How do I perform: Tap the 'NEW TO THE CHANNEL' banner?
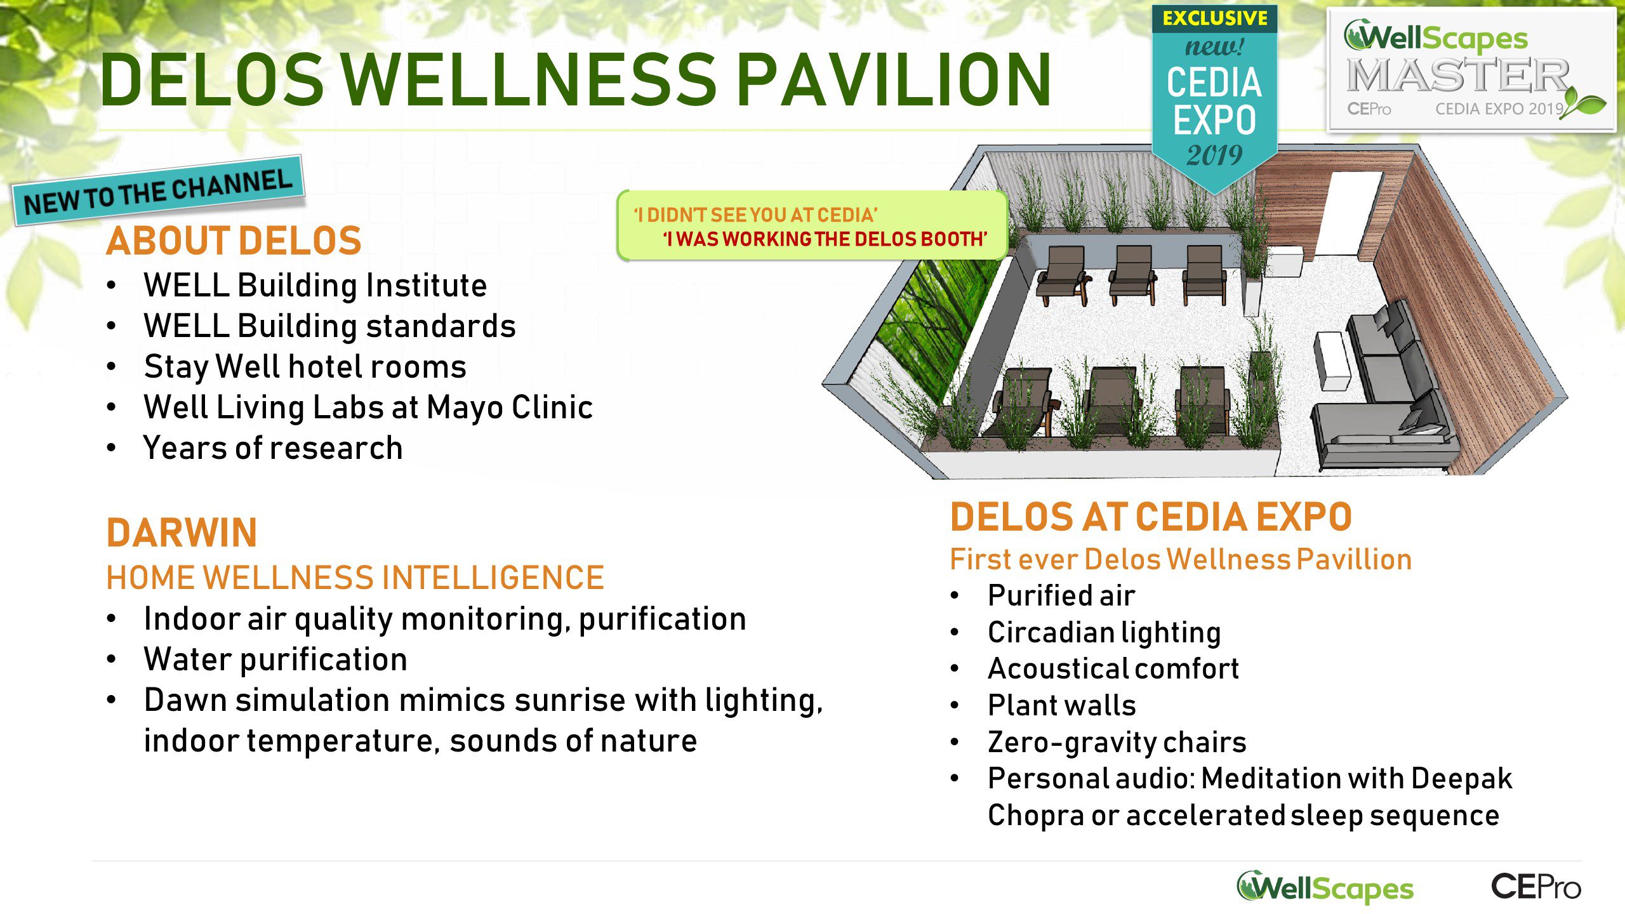pos(159,191)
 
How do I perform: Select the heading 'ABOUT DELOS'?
pos(234,241)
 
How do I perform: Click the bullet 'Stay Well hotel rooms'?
pos(305,367)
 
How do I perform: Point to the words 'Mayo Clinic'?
pos(510,407)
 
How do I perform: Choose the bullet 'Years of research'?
pos(273,448)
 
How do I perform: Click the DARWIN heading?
pos(182,533)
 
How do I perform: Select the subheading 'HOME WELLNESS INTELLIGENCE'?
pos(355,578)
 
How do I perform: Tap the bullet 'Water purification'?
pos(275,659)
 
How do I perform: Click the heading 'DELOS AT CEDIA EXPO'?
pos(1151,517)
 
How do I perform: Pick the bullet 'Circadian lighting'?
pos(1104,632)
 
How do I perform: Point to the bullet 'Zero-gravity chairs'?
pos(1117,742)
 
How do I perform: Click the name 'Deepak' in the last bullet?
pos(1462,779)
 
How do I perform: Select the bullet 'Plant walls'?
pos(1062,705)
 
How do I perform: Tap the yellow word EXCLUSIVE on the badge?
pos(1215,18)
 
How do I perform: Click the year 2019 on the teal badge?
pos(1214,156)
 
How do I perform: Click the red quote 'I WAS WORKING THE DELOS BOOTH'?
pos(825,239)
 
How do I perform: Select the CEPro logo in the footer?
pos(1535,886)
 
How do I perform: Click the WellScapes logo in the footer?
pos(1325,887)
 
